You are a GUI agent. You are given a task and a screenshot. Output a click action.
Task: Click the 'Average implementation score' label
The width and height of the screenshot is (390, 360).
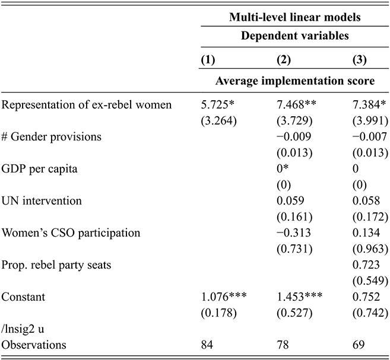pos(294,81)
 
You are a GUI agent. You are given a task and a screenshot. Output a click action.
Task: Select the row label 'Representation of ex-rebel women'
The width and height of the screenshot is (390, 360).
pos(87,105)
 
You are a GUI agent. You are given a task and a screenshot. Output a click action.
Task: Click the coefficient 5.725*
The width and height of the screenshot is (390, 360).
pos(220,105)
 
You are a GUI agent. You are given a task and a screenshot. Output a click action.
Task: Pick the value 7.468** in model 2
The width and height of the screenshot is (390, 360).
pos(298,105)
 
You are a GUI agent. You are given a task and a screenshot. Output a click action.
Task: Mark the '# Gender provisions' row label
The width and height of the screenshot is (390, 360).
pos(52,137)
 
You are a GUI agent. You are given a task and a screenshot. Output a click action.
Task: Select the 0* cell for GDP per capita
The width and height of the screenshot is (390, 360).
pos(284,168)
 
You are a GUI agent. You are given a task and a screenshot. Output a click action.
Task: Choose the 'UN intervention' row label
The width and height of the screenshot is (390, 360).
pos(42,200)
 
